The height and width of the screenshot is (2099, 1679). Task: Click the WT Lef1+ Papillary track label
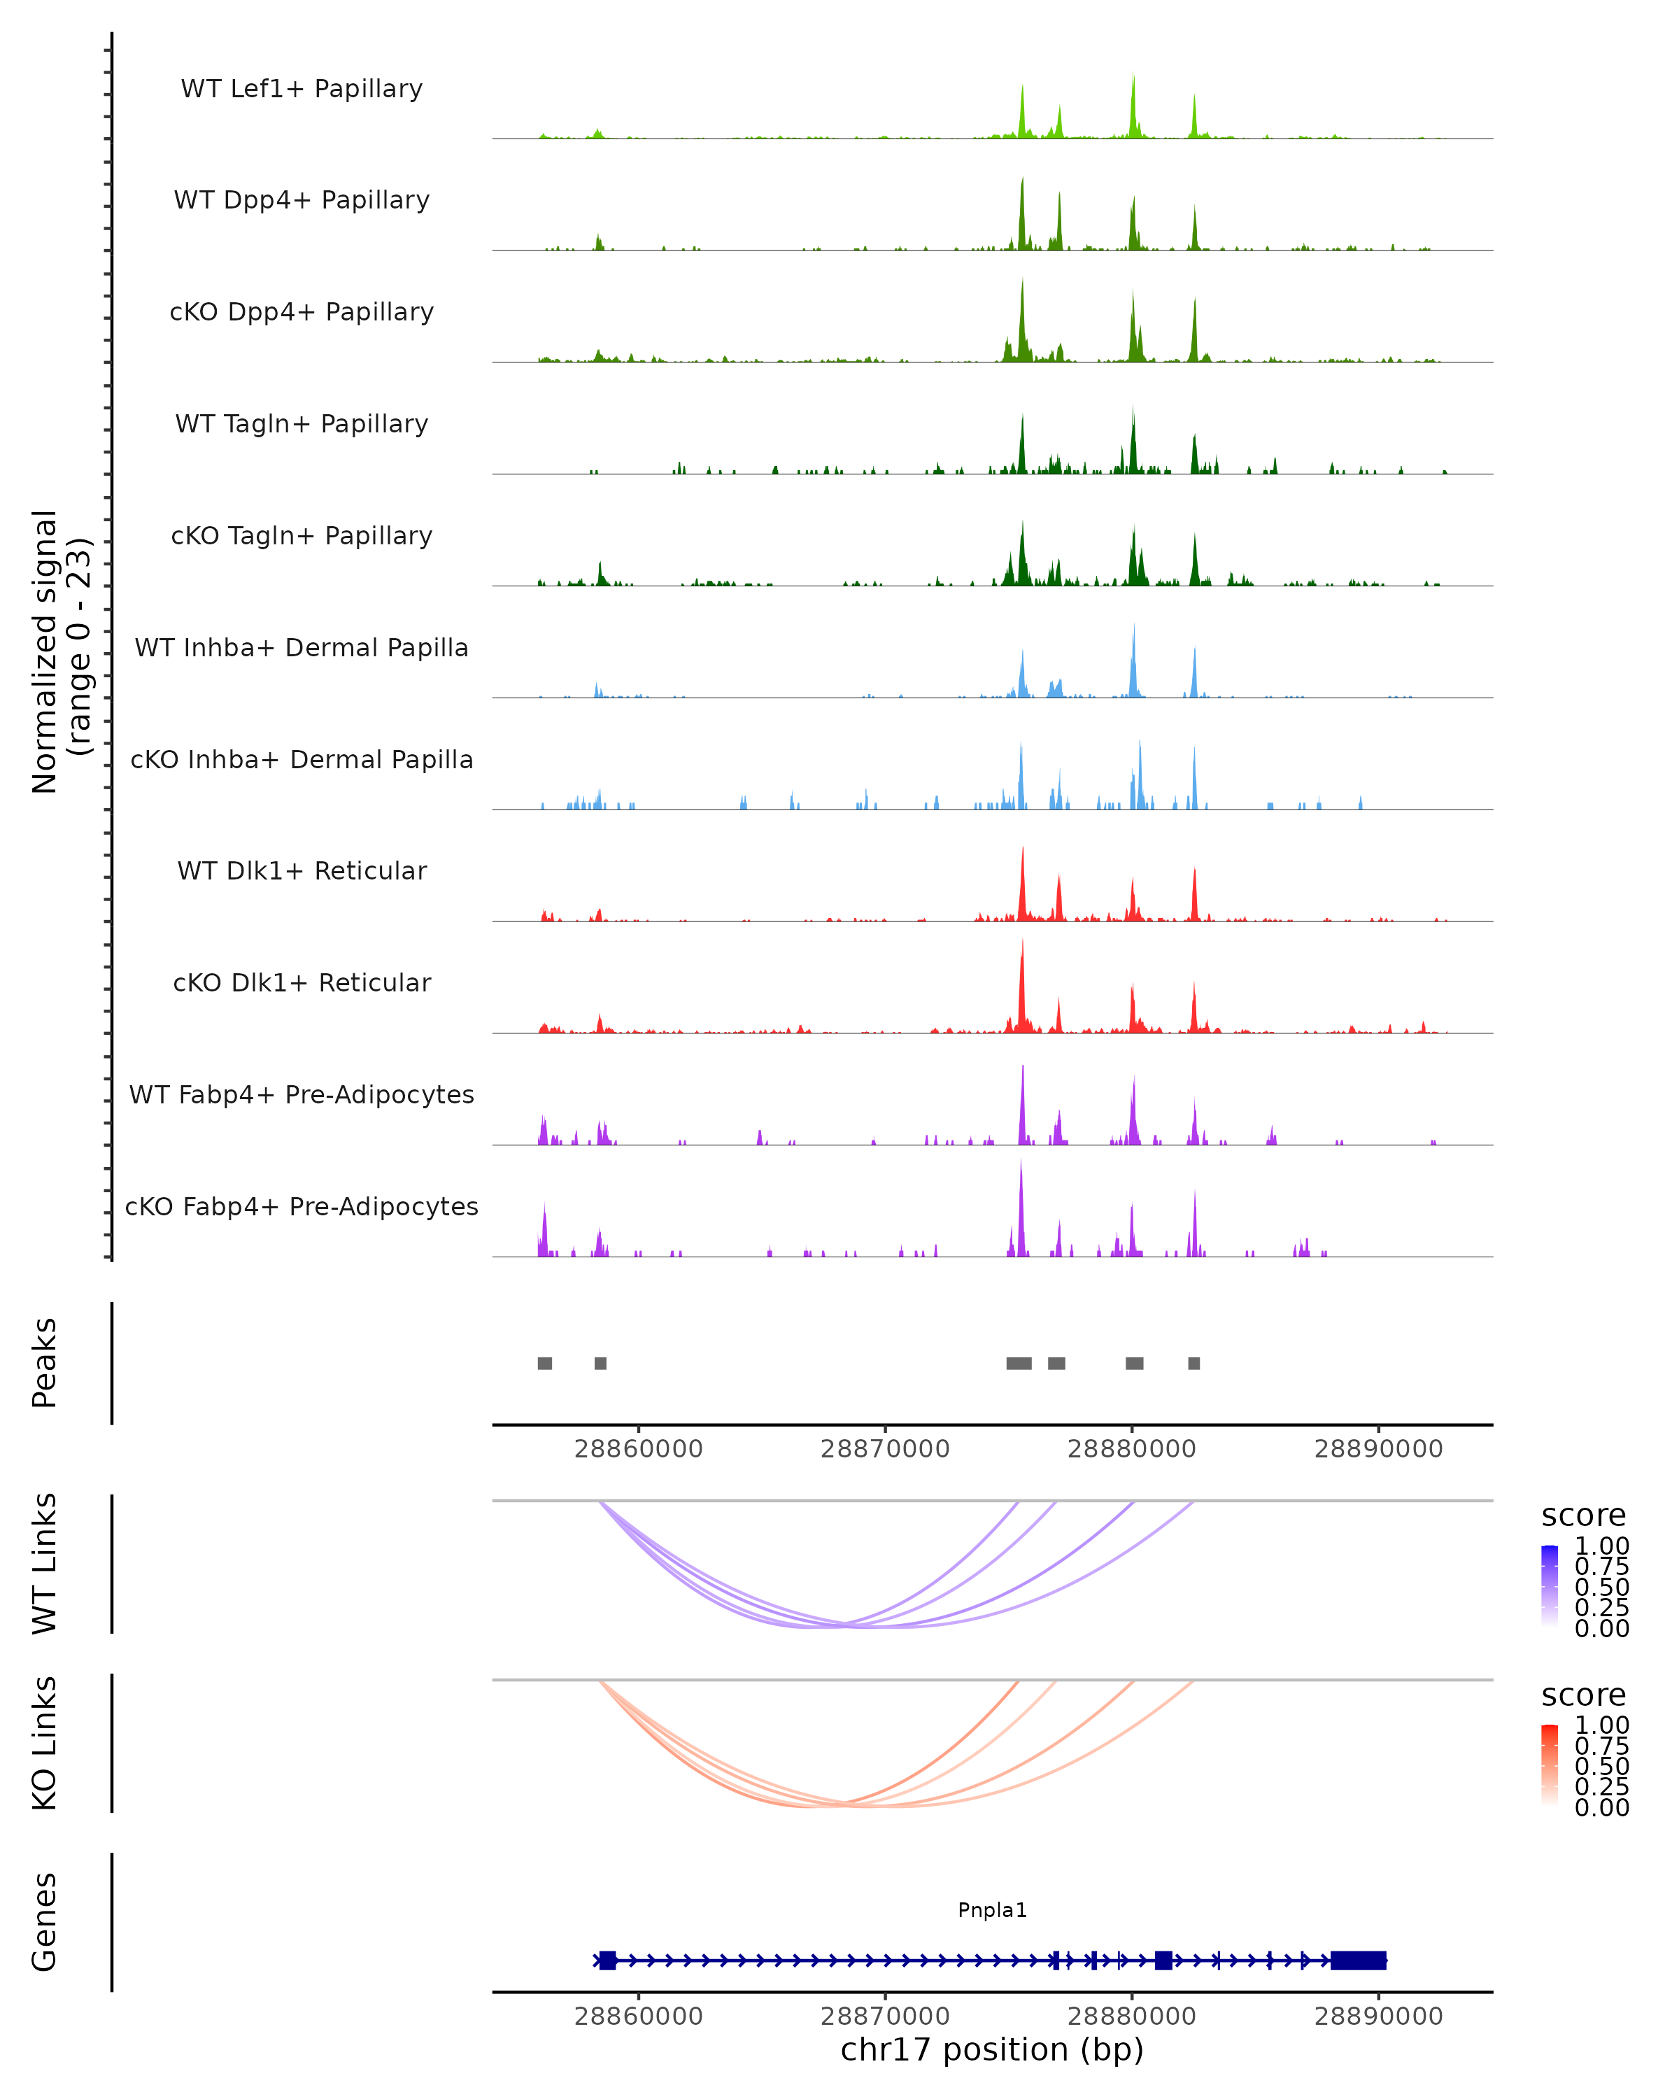tap(302, 89)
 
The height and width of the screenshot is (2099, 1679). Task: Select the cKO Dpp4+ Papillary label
tap(302, 313)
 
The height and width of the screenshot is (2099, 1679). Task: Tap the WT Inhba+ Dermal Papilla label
tap(302, 649)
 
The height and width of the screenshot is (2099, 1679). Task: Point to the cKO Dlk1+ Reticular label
tap(302, 983)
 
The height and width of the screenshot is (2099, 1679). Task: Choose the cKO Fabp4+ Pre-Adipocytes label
tap(302, 1207)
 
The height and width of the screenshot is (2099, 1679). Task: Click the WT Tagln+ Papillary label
tap(302, 425)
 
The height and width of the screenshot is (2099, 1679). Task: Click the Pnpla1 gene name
tap(992, 1910)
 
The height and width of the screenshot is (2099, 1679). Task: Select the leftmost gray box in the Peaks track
tap(545, 1363)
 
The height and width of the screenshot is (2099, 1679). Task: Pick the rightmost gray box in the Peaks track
tap(1194, 1363)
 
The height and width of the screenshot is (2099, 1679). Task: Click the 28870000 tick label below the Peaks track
tap(885, 1449)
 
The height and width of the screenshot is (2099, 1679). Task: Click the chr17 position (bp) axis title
tap(992, 2049)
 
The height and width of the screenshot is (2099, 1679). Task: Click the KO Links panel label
tap(45, 1743)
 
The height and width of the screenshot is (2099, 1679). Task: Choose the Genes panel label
tap(45, 1922)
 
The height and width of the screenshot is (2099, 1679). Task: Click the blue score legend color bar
tap(1550, 1585)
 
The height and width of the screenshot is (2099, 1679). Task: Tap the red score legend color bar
tap(1550, 1764)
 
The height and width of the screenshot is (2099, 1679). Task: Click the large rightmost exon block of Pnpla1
tap(1359, 1960)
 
